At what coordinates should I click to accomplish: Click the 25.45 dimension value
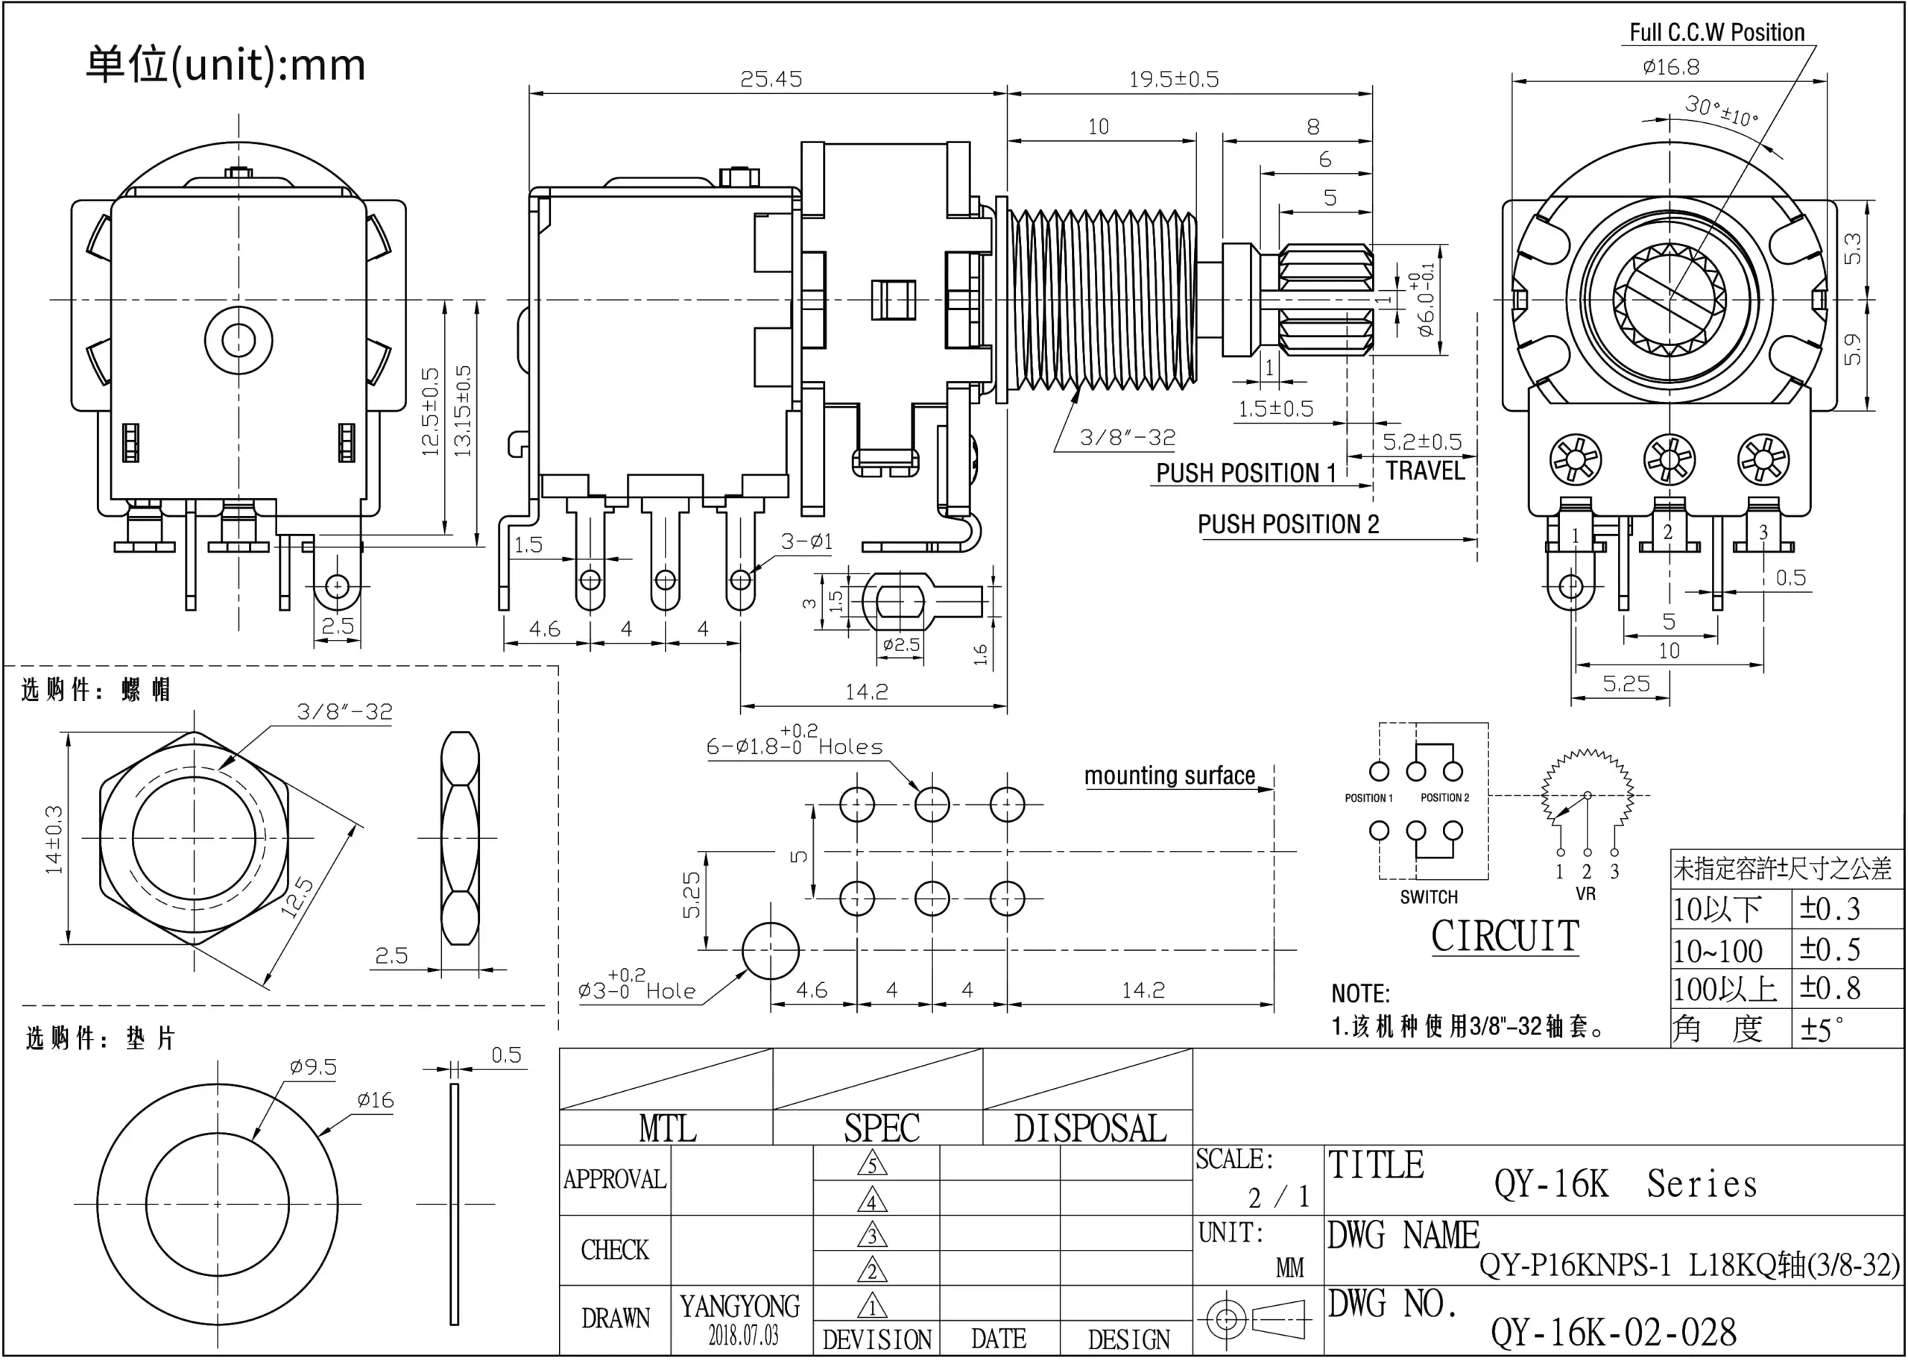pyautogui.click(x=771, y=79)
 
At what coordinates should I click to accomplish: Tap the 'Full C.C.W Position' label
pyautogui.click(x=1716, y=33)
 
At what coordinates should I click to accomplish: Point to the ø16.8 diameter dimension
pyautogui.click(x=1670, y=66)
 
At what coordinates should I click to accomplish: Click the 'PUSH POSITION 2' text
pyautogui.click(x=1288, y=524)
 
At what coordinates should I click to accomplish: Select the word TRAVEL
pyautogui.click(x=1424, y=471)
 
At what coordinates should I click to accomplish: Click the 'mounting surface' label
pyautogui.click(x=1169, y=776)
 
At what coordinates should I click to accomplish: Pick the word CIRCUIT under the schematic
pyautogui.click(x=1505, y=937)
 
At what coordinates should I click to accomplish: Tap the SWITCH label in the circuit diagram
pyautogui.click(x=1429, y=897)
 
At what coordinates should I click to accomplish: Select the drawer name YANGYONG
pyautogui.click(x=739, y=1307)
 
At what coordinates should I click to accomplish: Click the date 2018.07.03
pyautogui.click(x=743, y=1335)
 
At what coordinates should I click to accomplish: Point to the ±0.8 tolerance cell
pyautogui.click(x=1830, y=988)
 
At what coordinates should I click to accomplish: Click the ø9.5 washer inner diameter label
pyautogui.click(x=313, y=1067)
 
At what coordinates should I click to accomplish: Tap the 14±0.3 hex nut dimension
pyautogui.click(x=54, y=839)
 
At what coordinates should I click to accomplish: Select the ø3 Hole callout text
pyautogui.click(x=636, y=988)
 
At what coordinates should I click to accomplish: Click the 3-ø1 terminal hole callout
pyautogui.click(x=806, y=541)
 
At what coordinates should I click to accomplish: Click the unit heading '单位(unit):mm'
pyautogui.click(x=226, y=65)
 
